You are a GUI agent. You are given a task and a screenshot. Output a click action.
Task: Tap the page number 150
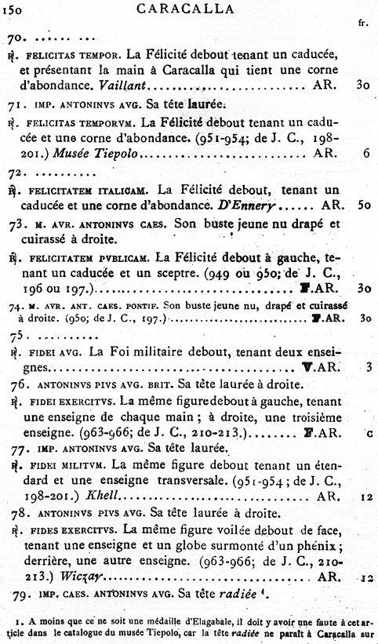(x=19, y=10)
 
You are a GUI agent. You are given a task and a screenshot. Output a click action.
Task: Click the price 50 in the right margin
(x=362, y=206)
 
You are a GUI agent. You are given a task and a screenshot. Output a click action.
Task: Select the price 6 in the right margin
(x=366, y=155)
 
